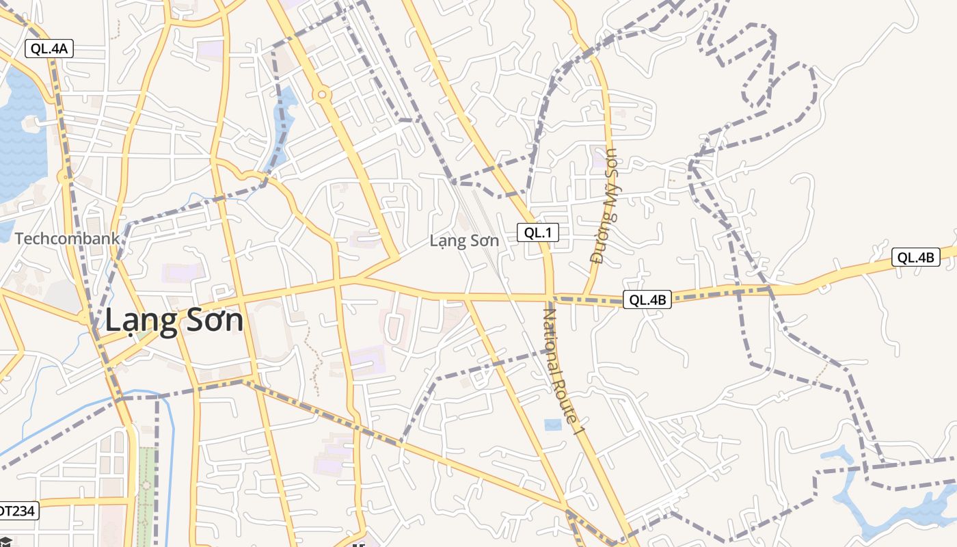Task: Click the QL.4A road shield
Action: click(x=49, y=49)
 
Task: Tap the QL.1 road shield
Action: click(x=537, y=232)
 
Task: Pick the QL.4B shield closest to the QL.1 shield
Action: click(x=647, y=299)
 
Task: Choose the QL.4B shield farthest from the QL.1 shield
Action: click(x=915, y=257)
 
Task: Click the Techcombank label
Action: click(x=67, y=239)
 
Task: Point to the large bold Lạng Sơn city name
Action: click(x=174, y=321)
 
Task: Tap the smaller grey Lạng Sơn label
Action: click(x=464, y=241)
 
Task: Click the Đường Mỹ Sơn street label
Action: click(x=604, y=206)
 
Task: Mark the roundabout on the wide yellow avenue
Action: click(x=322, y=94)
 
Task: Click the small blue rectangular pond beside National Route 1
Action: click(x=552, y=425)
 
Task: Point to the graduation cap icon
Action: click(x=5, y=542)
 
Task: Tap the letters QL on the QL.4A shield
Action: click(x=40, y=49)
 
